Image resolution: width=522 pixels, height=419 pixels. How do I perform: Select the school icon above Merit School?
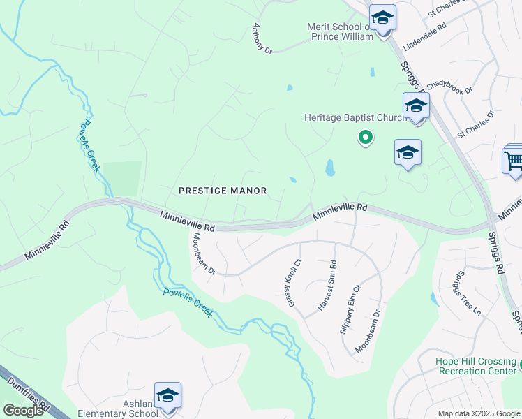tap(382, 17)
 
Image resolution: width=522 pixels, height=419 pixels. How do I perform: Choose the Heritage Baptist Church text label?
tap(355, 117)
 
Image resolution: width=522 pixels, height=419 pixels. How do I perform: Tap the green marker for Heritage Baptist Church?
tap(364, 138)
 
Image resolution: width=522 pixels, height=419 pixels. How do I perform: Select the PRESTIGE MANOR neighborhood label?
tap(223, 190)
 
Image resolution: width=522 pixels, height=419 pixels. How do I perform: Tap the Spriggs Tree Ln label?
tap(467, 293)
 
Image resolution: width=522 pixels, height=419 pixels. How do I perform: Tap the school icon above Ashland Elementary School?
tap(168, 396)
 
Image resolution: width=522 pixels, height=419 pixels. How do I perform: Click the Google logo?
tap(23, 411)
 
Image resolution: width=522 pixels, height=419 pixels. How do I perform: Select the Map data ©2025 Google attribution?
tap(479, 413)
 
